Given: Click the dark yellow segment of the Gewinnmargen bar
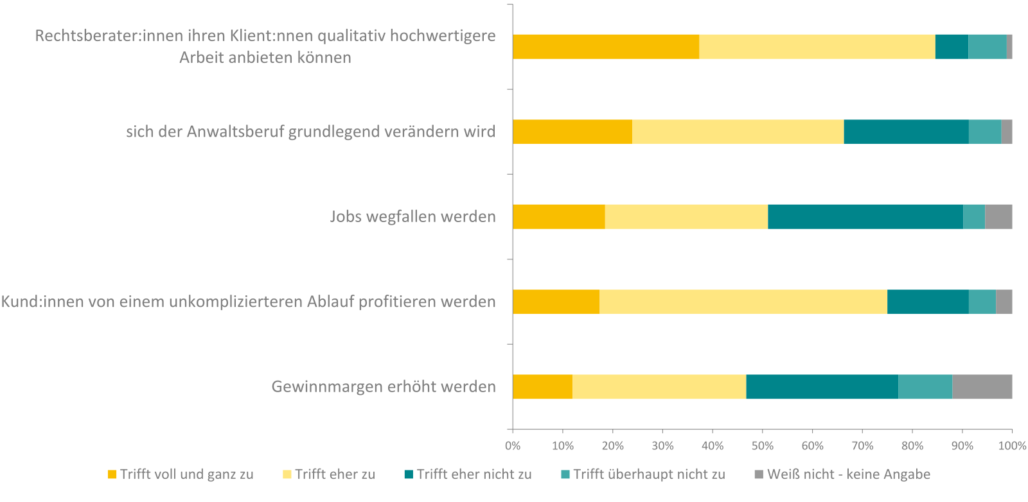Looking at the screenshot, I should [542, 386].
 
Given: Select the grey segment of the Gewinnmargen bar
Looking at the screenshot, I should [982, 386].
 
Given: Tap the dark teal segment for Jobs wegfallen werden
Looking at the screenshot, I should [865, 216].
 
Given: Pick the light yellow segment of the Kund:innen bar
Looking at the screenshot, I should [743, 302].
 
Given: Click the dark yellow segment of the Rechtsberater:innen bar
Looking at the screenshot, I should [605, 47].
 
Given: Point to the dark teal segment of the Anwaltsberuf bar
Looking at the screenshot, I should [906, 132].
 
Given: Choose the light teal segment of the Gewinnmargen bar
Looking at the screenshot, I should [925, 386].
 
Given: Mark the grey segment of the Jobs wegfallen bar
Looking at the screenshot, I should [998, 216].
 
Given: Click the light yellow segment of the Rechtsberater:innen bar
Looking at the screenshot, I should [817, 47].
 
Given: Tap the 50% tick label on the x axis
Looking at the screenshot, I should [763, 446].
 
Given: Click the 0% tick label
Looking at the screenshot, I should [513, 446].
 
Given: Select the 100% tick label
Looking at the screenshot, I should [1012, 446].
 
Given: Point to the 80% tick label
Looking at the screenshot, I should [912, 446].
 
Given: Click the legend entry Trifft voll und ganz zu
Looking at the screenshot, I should [186, 474].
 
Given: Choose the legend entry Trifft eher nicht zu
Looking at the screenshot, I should [474, 474].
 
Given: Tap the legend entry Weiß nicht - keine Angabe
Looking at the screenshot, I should [848, 474].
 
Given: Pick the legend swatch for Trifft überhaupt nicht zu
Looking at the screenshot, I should [565, 474].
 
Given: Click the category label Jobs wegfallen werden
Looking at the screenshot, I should [412, 216].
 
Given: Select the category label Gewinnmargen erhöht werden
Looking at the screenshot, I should [384, 386].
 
